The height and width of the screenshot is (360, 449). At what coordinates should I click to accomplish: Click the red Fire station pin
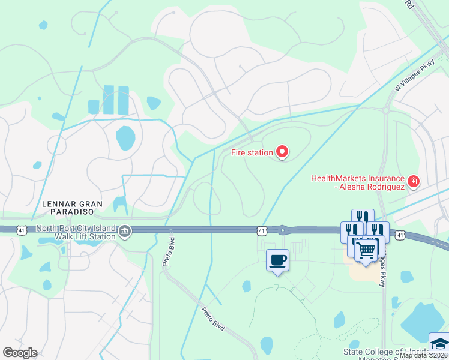282,152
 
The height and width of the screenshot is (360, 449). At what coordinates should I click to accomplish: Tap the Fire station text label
252,152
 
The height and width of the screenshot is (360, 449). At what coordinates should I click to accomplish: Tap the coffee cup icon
277,260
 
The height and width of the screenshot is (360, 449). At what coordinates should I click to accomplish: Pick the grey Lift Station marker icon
125,231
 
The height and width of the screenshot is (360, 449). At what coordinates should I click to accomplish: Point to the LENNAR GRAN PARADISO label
73,208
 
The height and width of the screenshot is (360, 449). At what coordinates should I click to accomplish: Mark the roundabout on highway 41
282,229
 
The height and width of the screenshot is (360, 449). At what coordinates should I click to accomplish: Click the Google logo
20,353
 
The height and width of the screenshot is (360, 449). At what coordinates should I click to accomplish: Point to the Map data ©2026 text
424,355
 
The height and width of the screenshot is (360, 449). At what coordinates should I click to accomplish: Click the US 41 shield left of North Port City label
22,229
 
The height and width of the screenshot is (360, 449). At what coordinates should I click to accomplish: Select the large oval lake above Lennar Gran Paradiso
126,138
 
